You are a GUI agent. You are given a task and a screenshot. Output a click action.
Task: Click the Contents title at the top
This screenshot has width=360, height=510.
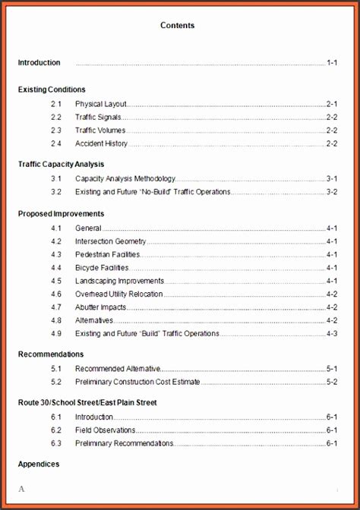tap(177, 25)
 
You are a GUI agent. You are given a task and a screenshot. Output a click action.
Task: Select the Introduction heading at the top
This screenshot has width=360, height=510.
tap(39, 62)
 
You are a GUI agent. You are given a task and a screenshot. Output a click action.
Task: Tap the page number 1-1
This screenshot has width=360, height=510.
tap(332, 62)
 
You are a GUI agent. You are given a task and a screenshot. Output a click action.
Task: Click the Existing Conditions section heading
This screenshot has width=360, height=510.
tap(52, 90)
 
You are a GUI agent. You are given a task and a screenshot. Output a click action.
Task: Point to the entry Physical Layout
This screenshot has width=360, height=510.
tap(101, 103)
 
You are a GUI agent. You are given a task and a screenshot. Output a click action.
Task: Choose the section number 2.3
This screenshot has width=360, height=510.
tap(56, 130)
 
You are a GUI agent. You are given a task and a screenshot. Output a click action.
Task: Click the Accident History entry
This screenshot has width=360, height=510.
tap(101, 143)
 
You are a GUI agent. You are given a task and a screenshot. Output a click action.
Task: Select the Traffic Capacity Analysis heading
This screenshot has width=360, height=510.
tap(61, 164)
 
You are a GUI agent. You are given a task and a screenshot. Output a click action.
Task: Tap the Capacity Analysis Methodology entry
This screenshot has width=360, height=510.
tap(125, 178)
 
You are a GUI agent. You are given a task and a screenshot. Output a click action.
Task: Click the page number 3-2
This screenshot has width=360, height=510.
tap(332, 192)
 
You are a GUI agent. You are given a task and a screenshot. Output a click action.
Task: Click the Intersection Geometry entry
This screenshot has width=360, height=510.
tap(110, 241)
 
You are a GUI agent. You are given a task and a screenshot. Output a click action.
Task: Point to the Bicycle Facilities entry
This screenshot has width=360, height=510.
tap(102, 267)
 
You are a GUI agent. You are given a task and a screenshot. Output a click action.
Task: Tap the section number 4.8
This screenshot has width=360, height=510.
tap(56, 320)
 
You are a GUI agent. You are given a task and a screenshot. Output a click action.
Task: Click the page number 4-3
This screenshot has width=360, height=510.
tap(332, 333)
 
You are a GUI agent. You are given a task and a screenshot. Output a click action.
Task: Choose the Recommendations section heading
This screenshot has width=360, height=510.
tap(50, 354)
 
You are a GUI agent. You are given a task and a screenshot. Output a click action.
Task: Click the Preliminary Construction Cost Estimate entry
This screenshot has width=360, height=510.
tap(137, 382)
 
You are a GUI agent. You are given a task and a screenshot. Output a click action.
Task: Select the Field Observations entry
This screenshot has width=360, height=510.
tap(104, 430)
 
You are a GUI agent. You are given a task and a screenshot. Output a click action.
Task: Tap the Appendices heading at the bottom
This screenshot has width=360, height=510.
tap(39, 464)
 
